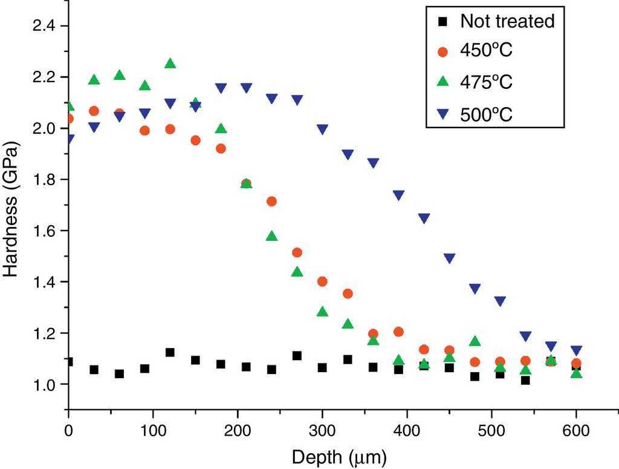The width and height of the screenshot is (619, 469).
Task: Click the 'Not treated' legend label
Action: (507, 22)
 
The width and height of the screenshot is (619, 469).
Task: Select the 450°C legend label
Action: (486, 51)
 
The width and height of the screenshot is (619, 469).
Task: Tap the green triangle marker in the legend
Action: (442, 81)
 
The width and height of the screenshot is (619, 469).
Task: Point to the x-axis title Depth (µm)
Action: (339, 455)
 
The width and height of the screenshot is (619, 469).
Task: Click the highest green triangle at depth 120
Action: (170, 64)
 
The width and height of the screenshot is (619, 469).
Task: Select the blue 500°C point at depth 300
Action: (322, 129)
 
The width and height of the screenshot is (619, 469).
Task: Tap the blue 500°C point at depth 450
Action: (449, 258)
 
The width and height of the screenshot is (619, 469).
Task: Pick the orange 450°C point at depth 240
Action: (271, 202)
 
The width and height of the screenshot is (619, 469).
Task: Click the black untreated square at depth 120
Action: (170, 352)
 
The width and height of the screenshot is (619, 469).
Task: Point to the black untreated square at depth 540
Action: (525, 380)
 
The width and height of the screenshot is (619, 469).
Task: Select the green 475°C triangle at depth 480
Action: (475, 341)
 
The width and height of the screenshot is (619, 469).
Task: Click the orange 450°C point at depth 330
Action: (348, 294)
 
